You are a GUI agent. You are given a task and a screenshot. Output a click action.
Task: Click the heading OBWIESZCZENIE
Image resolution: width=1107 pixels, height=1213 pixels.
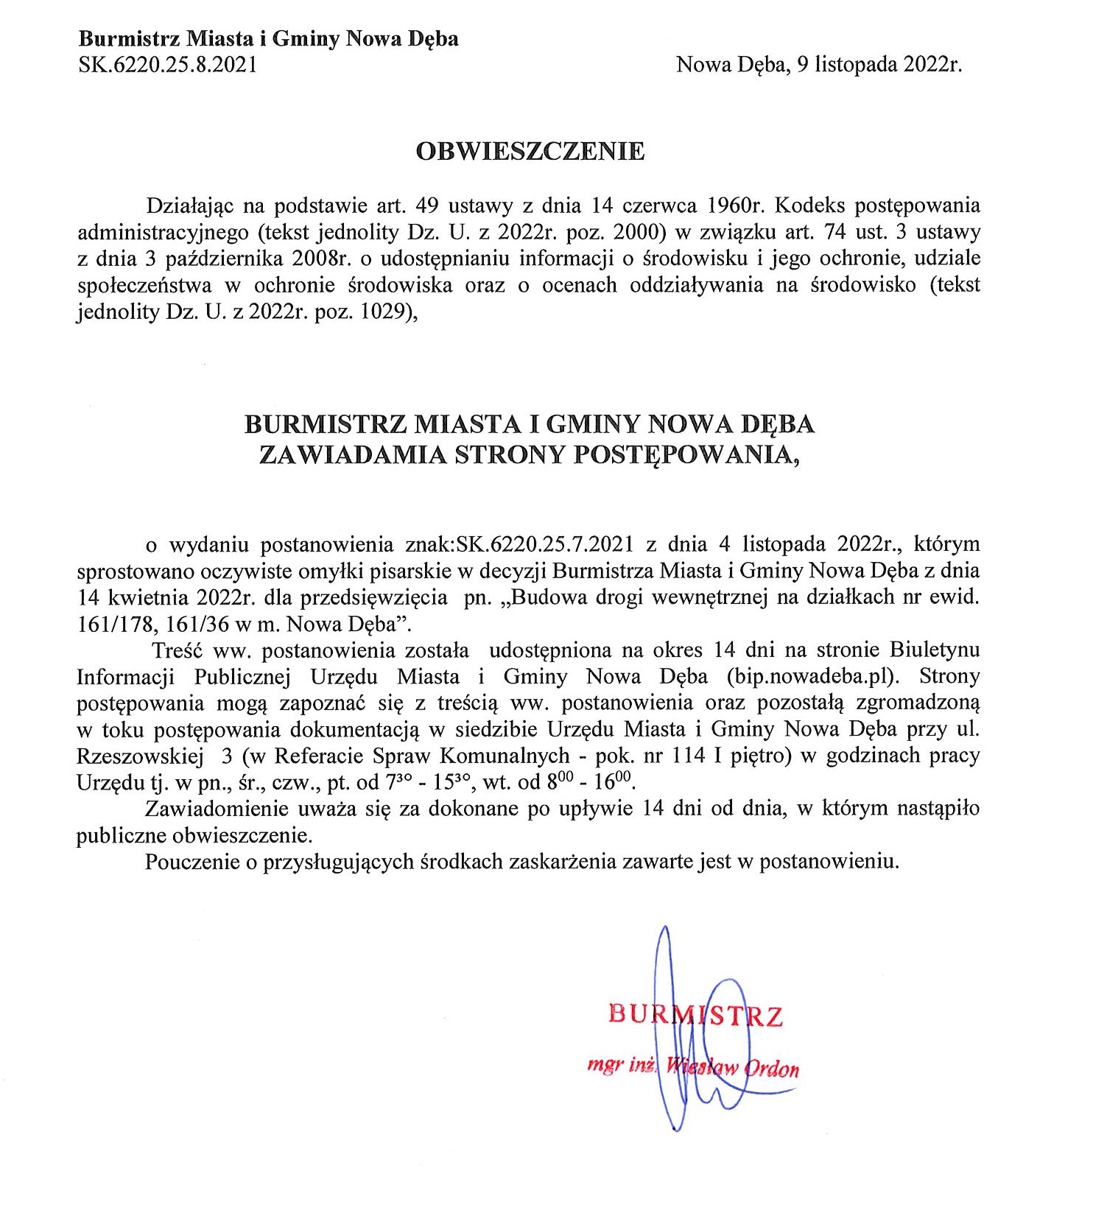[530, 151]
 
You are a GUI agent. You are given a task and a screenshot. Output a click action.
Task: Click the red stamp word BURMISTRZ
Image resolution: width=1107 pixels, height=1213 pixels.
[695, 1016]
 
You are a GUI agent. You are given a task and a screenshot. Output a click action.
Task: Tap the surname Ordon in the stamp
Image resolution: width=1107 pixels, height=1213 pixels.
[773, 1068]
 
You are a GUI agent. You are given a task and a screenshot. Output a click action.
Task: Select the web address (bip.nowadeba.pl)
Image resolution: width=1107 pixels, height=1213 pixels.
[813, 676]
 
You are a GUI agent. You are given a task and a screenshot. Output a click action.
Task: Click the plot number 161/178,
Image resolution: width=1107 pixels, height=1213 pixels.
[118, 624]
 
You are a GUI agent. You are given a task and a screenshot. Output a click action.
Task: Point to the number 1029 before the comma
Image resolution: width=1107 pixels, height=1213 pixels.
[384, 312]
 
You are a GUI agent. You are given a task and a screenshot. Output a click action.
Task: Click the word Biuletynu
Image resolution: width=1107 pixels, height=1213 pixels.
[935, 650]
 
